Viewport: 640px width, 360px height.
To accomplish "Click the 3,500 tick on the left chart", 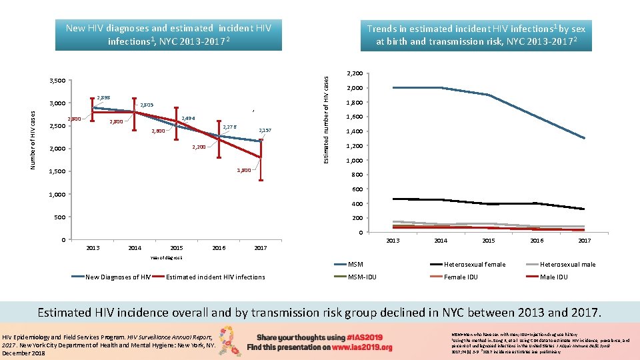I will (x=57, y=81).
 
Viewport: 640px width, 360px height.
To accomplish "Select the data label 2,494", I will (x=188, y=119).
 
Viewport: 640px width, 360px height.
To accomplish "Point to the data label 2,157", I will (x=265, y=130).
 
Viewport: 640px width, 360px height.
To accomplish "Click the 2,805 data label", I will (x=147, y=105).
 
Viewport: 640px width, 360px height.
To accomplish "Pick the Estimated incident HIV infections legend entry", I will (x=215, y=277).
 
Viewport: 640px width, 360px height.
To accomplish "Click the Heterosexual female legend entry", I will (x=474, y=265).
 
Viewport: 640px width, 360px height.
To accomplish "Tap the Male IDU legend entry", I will (x=553, y=277).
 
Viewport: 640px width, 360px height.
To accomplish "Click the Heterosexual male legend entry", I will (x=567, y=265).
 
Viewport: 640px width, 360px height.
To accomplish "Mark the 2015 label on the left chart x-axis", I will (x=177, y=248).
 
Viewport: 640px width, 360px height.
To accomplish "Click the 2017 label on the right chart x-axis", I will (x=584, y=241).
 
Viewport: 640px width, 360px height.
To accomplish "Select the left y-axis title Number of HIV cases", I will (x=33, y=138).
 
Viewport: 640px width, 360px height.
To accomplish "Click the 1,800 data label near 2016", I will (x=244, y=171).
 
